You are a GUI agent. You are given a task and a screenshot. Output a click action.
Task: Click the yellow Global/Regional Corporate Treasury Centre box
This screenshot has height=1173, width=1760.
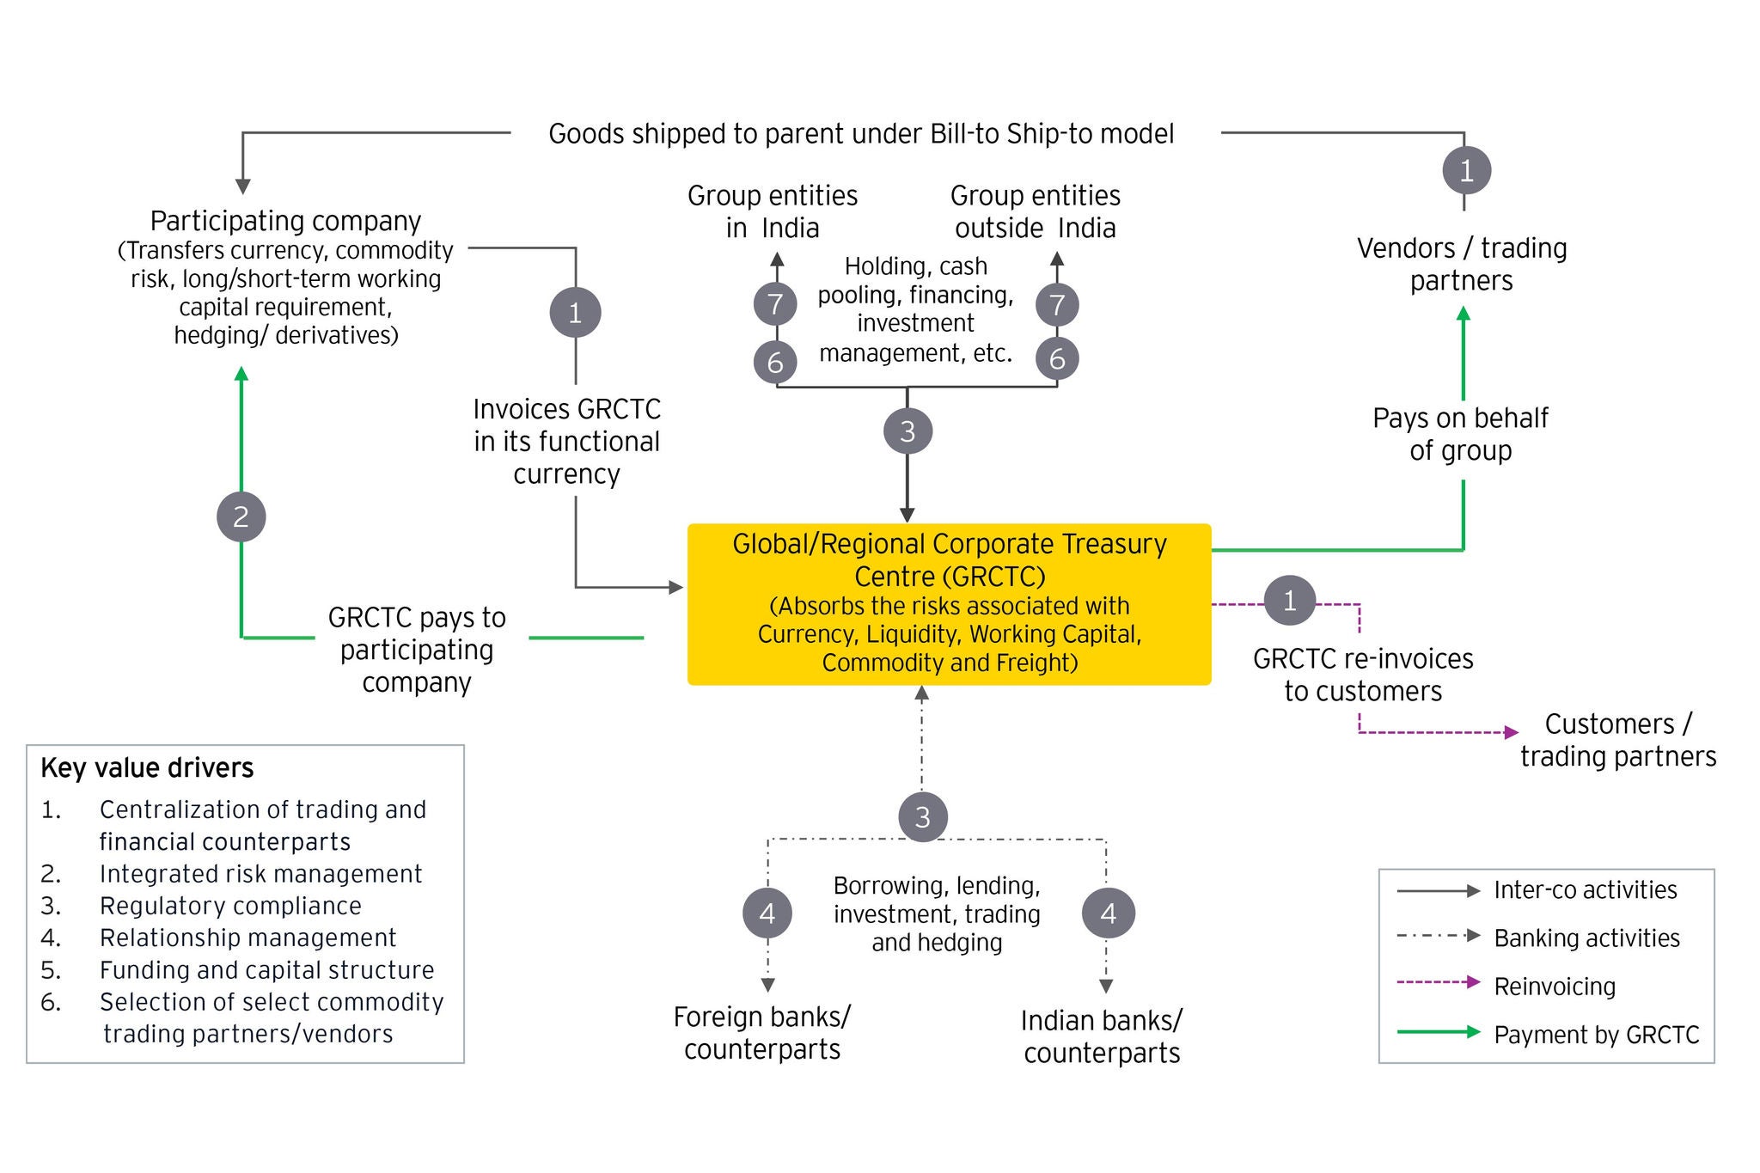949,603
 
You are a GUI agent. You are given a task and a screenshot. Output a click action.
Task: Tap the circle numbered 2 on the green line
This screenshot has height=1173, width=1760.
241,516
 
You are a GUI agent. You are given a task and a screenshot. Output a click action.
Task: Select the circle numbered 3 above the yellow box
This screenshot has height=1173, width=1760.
907,431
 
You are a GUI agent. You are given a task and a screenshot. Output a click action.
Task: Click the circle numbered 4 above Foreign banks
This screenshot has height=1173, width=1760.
767,913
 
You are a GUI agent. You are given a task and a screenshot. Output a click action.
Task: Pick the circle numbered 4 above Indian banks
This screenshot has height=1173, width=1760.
1108,913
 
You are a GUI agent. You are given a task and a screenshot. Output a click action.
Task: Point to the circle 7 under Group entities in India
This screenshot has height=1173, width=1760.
775,304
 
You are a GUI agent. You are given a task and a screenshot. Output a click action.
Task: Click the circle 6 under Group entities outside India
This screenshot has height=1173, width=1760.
1057,359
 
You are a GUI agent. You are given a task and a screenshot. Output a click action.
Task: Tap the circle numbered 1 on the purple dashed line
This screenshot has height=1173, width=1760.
1289,600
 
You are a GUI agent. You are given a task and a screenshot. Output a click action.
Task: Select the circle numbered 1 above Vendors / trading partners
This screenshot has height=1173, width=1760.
1466,170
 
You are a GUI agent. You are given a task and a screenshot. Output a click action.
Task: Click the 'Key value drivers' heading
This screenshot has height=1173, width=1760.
147,767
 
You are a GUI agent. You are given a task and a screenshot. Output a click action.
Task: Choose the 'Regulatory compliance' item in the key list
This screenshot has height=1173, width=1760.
230,906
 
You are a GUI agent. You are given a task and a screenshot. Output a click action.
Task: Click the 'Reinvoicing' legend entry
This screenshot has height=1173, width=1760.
1555,986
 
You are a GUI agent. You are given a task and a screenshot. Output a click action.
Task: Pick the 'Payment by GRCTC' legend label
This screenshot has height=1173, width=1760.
1597,1035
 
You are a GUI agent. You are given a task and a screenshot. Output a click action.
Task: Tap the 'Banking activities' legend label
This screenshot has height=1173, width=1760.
1586,938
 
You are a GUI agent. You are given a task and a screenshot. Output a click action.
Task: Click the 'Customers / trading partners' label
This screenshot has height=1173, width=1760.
1618,740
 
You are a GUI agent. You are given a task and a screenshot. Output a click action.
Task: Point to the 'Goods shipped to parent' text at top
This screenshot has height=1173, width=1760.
861,134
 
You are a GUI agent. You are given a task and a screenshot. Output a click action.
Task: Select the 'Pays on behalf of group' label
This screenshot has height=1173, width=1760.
1460,434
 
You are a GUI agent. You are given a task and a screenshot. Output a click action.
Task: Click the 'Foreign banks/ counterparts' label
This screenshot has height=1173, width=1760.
762,1033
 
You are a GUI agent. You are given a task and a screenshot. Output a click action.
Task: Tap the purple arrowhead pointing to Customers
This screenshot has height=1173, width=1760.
1512,733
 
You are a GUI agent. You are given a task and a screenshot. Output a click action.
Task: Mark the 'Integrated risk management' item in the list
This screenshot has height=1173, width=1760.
260,874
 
